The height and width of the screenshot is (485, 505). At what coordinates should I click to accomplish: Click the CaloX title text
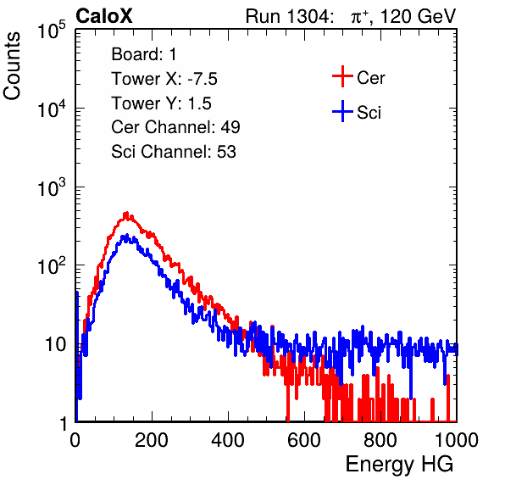[x=104, y=16]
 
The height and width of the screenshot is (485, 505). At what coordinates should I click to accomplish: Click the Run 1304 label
[x=288, y=16]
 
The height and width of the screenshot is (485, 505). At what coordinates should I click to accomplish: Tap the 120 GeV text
[x=418, y=16]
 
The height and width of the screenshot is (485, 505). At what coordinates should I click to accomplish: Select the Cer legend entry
[x=358, y=76]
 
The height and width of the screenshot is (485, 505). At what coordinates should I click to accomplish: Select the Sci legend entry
[x=357, y=112]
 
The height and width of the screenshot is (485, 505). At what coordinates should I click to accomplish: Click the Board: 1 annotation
[x=144, y=54]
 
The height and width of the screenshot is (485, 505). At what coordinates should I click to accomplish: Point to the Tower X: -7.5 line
[x=164, y=79]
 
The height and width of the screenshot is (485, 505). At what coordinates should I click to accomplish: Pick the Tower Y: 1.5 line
[x=161, y=103]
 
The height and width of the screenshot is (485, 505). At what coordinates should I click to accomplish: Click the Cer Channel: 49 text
[x=175, y=127]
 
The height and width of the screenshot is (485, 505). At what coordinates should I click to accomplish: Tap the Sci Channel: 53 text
[x=174, y=152]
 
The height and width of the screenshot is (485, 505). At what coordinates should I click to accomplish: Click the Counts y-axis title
[x=12, y=66]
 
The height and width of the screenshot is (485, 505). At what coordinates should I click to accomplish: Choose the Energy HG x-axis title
[x=399, y=465]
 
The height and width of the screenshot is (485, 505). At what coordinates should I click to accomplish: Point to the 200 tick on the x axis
[x=152, y=440]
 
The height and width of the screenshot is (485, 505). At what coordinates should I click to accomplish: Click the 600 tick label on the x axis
[x=304, y=440]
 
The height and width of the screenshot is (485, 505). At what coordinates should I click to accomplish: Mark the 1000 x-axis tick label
[x=457, y=440]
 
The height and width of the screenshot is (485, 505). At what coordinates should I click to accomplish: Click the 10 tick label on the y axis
[x=55, y=344]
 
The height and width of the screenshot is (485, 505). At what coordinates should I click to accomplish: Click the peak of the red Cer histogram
[x=126, y=213]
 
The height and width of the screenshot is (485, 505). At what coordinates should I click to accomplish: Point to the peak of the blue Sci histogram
[x=126, y=236]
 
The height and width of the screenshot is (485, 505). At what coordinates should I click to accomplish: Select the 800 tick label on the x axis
[x=380, y=440]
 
